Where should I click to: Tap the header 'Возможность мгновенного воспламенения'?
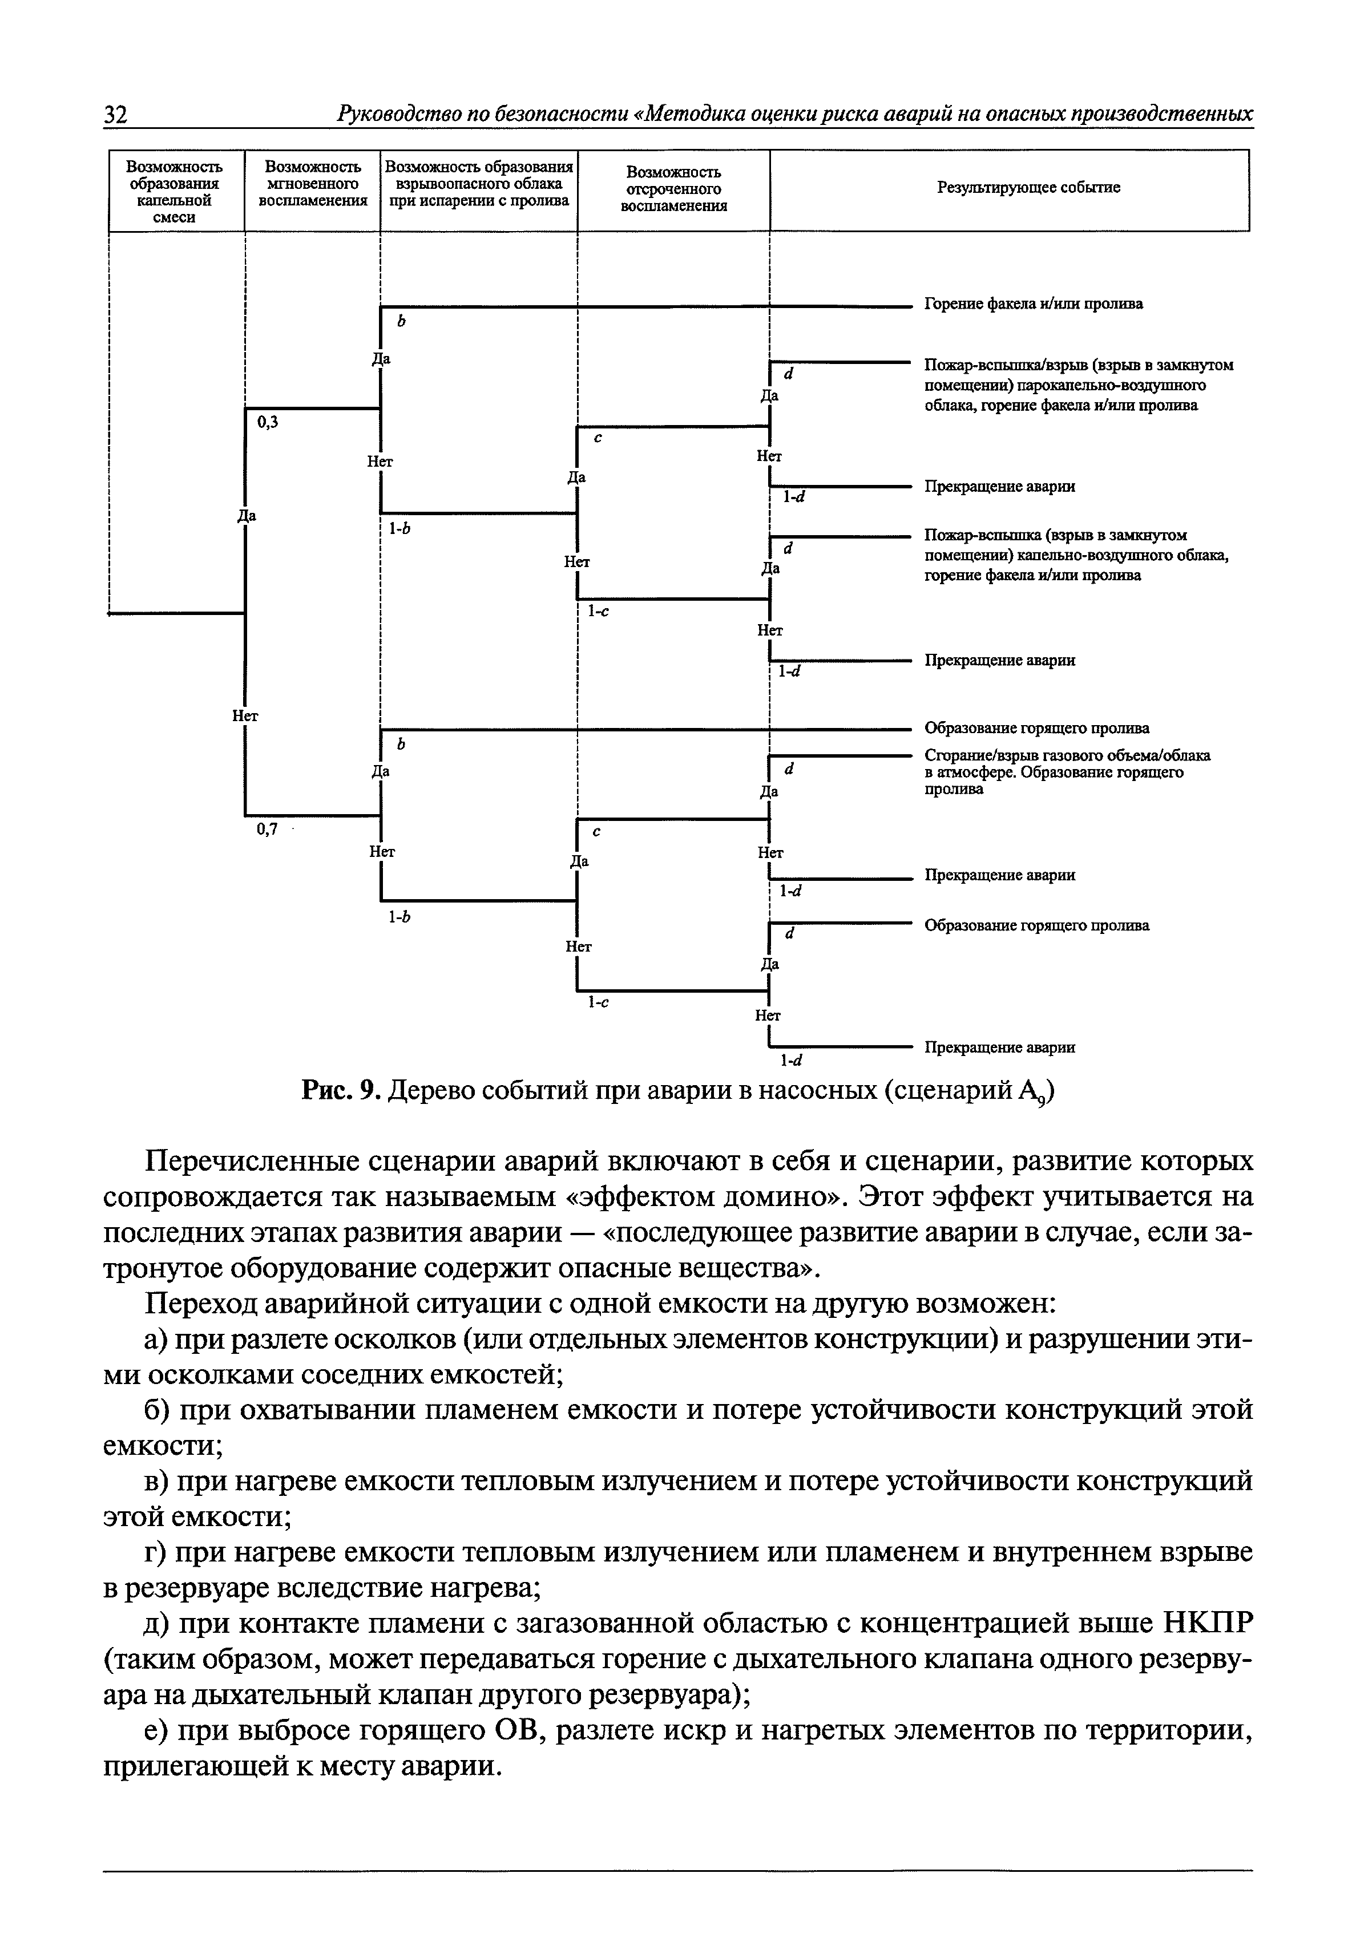(313, 184)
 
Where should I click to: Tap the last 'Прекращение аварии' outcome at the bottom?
(999, 1047)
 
